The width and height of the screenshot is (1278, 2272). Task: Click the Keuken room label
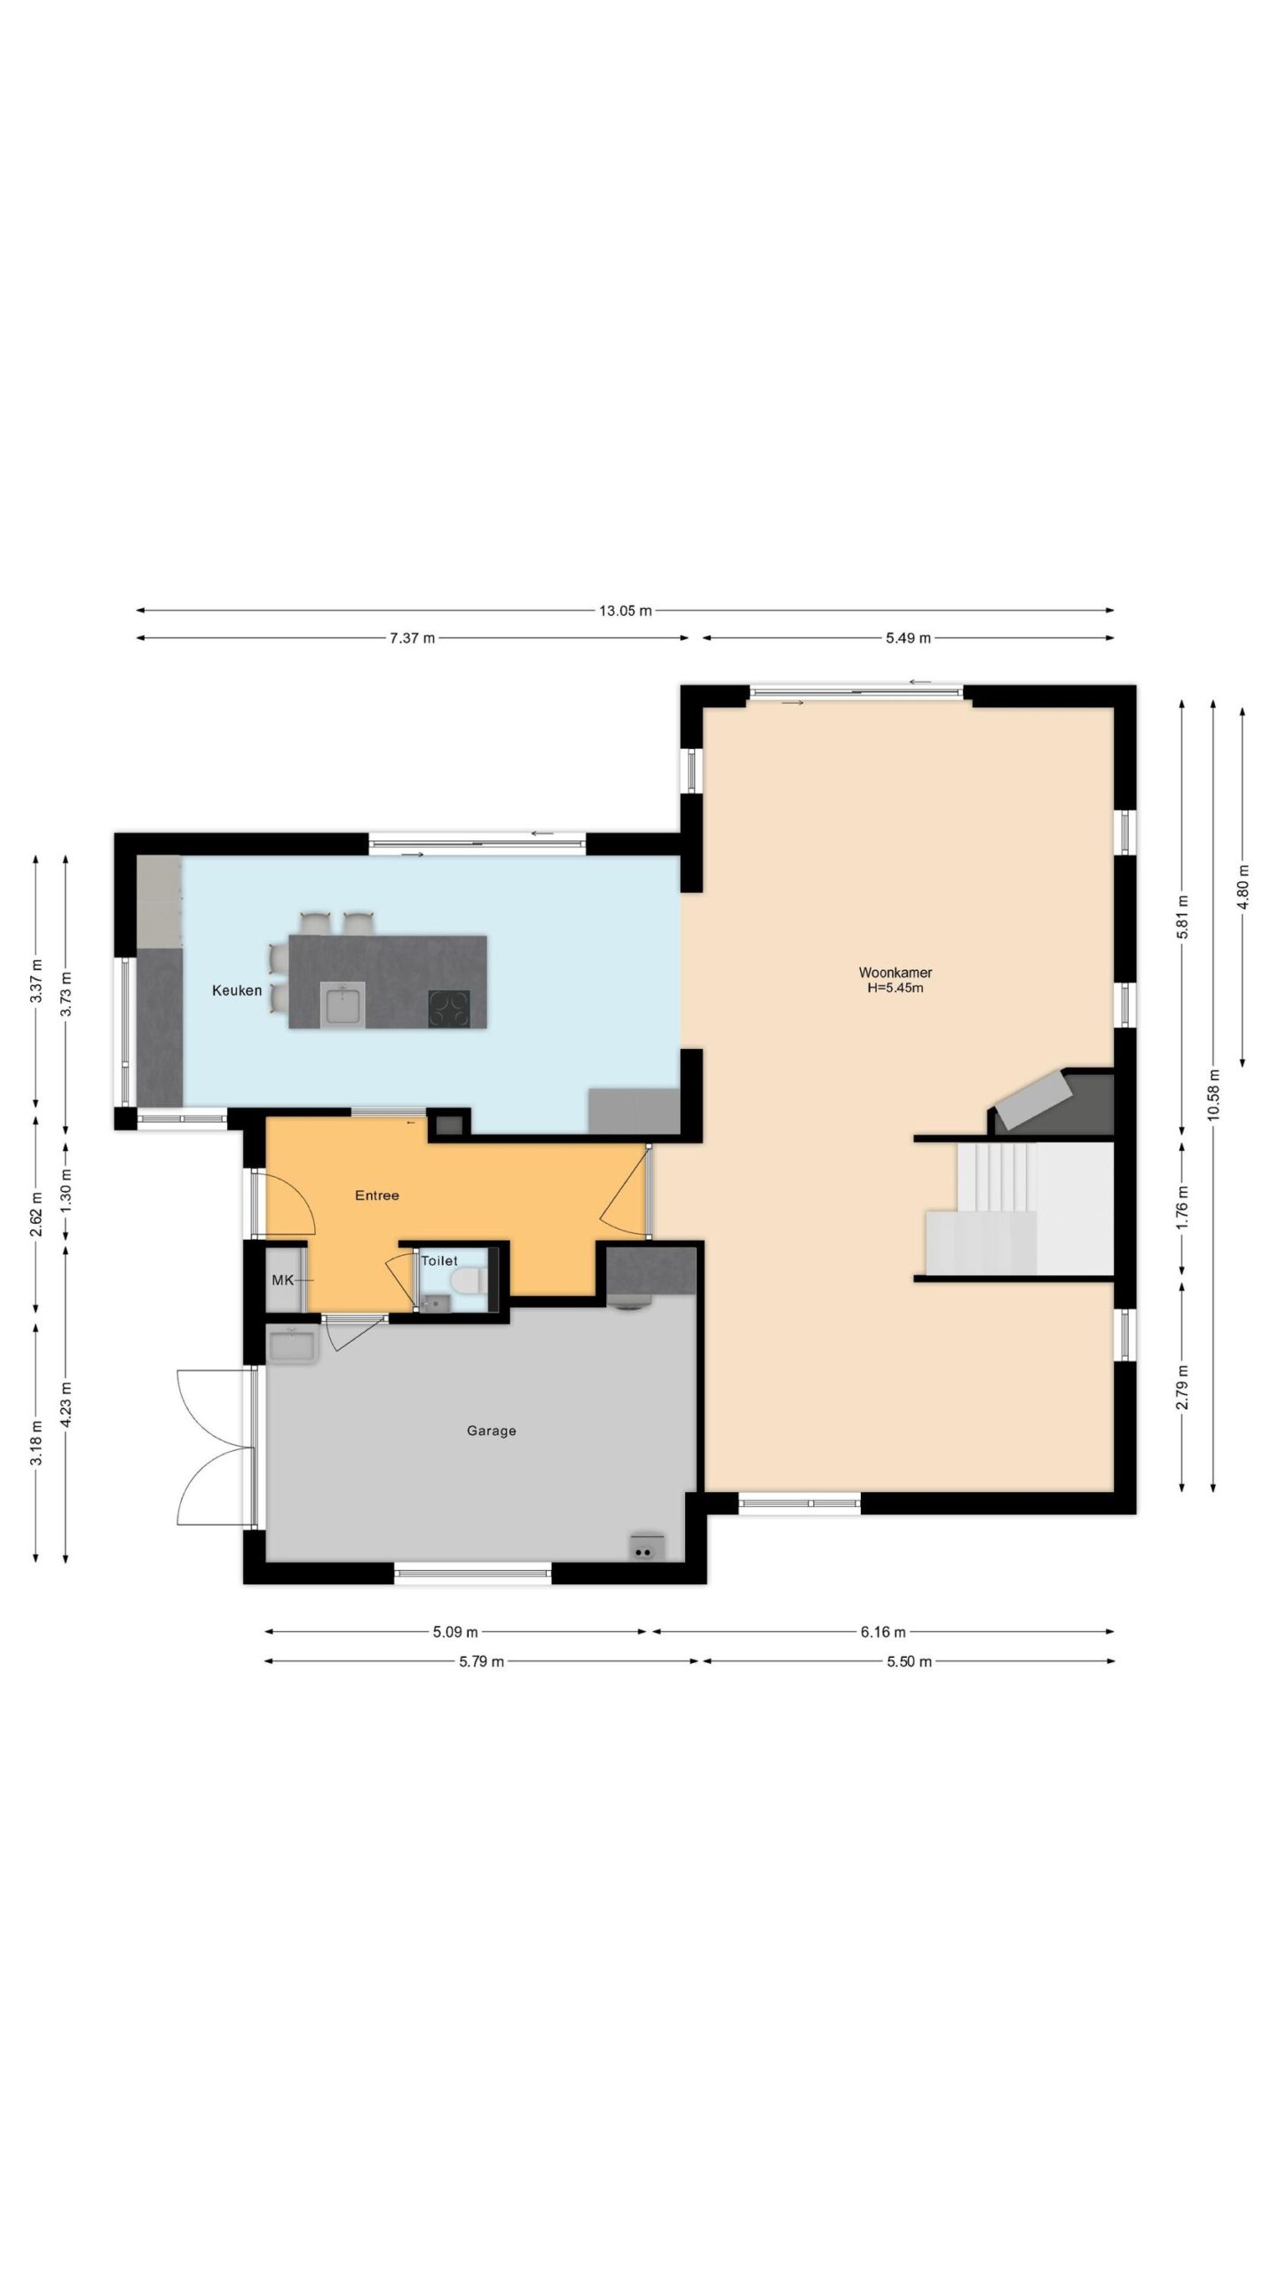point(237,990)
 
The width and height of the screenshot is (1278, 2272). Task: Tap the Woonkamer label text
point(895,973)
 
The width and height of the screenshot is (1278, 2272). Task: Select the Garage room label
point(492,1431)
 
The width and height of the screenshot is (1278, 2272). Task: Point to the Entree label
point(377,1195)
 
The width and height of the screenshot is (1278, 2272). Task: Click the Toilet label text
point(439,1261)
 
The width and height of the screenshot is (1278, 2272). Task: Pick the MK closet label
point(282,1280)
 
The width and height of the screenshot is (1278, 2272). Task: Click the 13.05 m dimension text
point(625,611)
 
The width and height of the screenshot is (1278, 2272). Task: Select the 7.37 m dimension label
point(412,638)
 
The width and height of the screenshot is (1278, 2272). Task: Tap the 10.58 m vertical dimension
point(1214,1096)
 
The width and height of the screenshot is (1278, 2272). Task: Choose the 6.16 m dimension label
point(883,1632)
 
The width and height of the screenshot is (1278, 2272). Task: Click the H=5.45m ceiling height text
point(895,988)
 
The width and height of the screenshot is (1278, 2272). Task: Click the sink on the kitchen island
point(342,1006)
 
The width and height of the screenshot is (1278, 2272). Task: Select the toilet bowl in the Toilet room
point(465,1281)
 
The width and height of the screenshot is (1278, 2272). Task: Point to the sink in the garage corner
point(292,1345)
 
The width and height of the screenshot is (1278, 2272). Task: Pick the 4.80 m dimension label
point(1242,887)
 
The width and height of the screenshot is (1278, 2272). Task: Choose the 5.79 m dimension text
point(481,1661)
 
